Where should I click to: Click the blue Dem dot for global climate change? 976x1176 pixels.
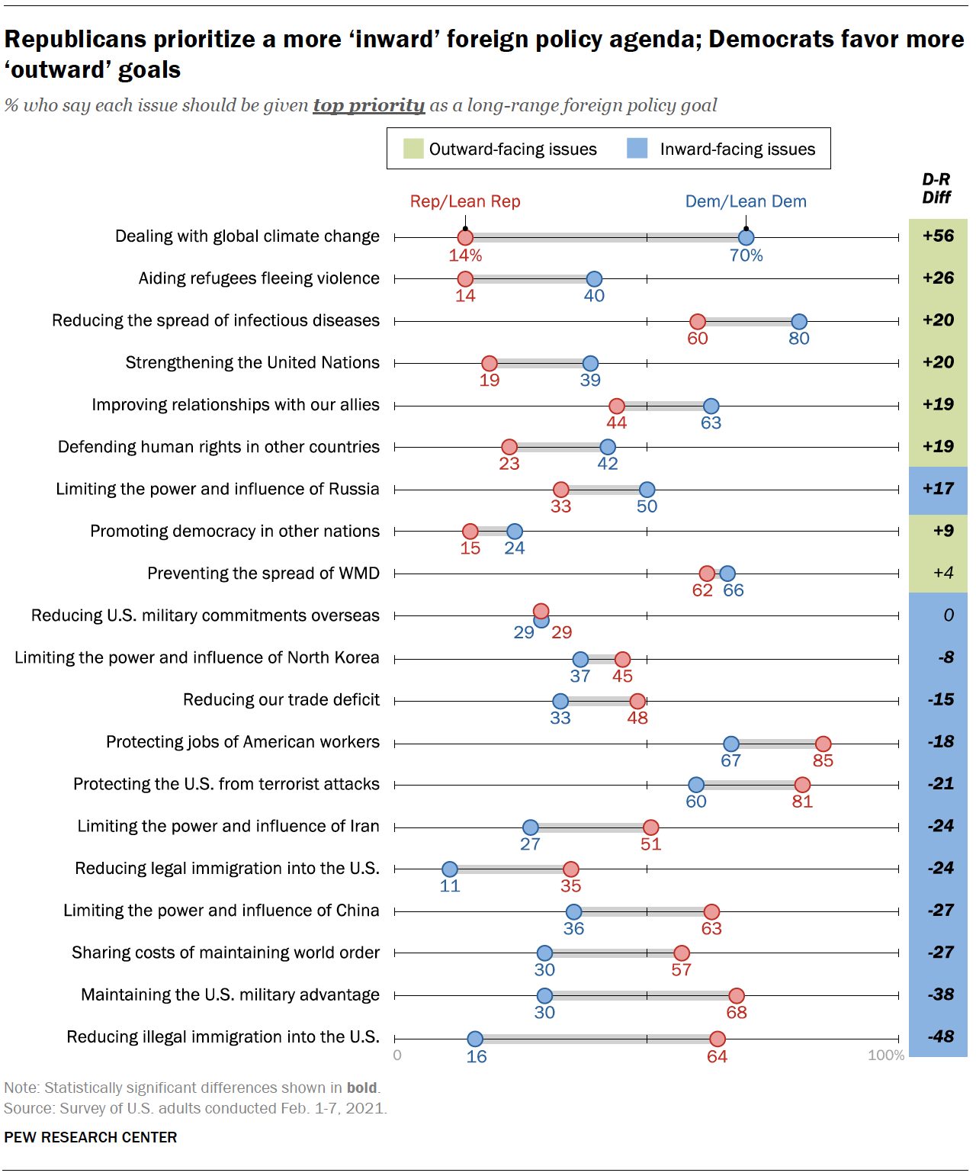(x=746, y=238)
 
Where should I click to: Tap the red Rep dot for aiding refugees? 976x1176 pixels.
(x=465, y=279)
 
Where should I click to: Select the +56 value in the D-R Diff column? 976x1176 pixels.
(x=938, y=236)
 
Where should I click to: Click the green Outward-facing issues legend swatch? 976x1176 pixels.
(x=413, y=148)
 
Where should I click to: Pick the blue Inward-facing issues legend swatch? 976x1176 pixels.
(x=637, y=148)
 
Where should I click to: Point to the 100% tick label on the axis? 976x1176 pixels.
(x=885, y=1056)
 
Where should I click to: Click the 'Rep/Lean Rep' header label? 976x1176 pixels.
(x=465, y=201)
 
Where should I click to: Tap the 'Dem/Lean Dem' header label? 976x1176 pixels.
(x=745, y=201)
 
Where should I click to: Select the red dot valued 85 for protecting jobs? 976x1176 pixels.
(x=823, y=744)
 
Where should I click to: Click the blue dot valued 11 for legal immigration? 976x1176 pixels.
(x=450, y=869)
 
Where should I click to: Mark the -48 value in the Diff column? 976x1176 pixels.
(x=940, y=1036)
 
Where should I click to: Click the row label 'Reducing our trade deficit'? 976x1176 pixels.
(x=281, y=700)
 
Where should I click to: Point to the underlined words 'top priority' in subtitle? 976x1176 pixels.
(x=368, y=105)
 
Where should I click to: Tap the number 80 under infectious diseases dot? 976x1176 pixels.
(x=798, y=339)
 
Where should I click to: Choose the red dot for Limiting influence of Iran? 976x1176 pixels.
(x=650, y=827)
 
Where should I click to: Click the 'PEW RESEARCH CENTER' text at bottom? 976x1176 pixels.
(x=90, y=1137)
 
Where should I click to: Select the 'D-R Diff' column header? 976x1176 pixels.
(x=936, y=188)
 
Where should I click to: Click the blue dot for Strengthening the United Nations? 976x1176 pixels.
(x=590, y=363)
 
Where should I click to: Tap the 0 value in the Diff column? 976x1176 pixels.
(x=948, y=615)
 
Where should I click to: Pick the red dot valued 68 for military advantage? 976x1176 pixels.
(x=736, y=995)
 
